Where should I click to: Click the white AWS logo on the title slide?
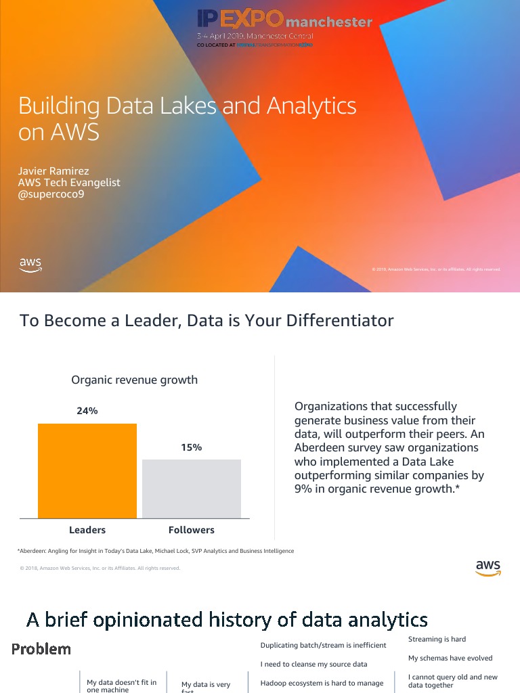30,265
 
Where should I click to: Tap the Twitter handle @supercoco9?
51,195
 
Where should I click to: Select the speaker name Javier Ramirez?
53,171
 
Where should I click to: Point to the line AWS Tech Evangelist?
69,183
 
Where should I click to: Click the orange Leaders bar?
87,471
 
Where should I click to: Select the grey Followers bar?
192,489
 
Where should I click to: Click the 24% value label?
87,411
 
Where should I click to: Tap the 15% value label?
192,447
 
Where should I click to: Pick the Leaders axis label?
87,530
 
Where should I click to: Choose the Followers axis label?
192,530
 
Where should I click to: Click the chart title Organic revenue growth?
135,380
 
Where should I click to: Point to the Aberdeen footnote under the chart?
156,551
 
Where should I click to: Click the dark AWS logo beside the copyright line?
487,568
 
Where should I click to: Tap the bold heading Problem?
41,649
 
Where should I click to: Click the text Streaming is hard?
437,639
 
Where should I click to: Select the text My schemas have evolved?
450,658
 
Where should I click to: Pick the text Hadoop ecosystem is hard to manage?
322,683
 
